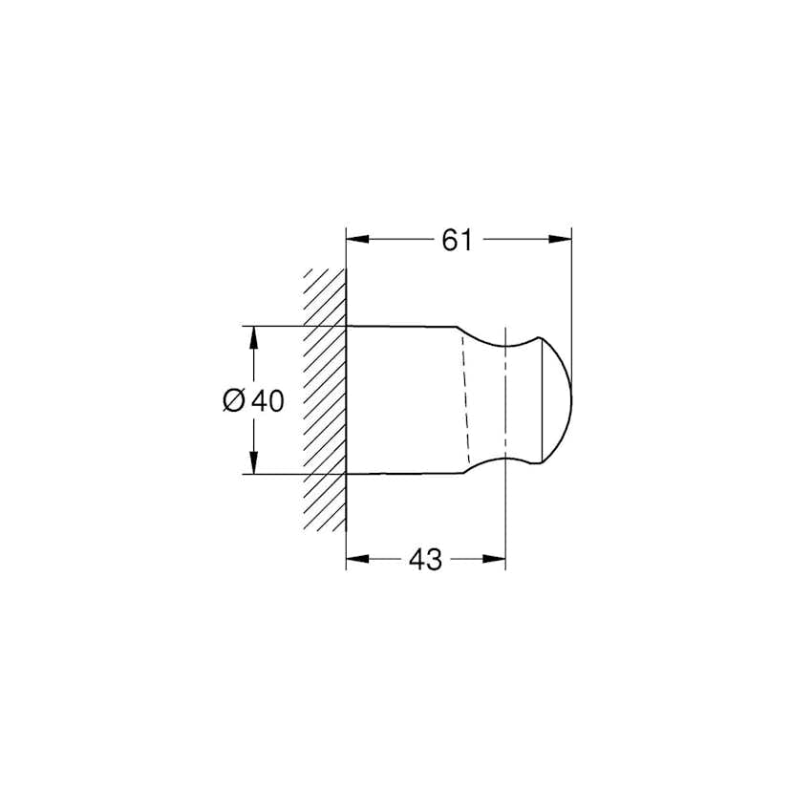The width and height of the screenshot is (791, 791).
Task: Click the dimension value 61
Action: pos(457,241)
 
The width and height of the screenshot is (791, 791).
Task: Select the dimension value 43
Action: pos(425,560)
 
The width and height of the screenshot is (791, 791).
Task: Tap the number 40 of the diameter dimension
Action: pos(267,401)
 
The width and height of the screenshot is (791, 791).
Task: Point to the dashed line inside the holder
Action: pos(465,401)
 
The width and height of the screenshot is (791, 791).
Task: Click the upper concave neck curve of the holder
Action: pos(501,344)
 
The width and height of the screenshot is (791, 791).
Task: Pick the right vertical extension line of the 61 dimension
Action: pos(571,287)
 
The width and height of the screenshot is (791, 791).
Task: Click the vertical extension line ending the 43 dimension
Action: pos(504,516)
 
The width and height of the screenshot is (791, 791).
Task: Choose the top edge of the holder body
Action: pos(401,327)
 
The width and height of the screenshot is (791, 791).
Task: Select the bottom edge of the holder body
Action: pos(401,473)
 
